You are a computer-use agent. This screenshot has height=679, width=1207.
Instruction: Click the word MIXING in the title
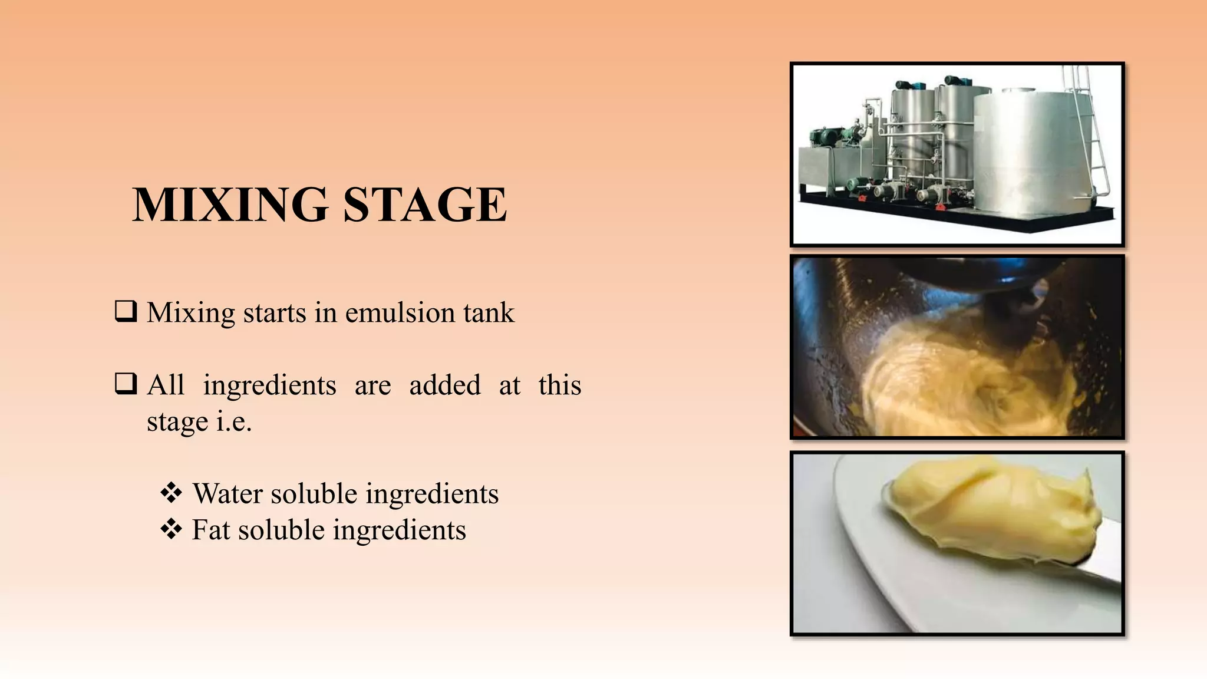230,205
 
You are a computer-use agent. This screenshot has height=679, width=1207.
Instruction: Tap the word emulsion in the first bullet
399,312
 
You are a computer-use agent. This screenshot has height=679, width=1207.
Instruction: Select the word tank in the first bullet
489,312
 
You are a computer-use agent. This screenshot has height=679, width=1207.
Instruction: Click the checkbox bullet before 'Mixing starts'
126,311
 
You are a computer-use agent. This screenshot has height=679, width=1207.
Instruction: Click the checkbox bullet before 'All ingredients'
126,384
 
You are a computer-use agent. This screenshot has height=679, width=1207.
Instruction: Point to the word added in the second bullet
445,385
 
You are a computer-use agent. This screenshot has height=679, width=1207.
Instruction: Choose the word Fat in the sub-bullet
210,530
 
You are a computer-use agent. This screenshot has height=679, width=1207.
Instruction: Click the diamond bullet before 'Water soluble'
171,493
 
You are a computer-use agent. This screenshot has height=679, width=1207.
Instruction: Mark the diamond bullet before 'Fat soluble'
171,529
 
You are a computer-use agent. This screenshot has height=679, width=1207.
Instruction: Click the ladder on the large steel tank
1090,130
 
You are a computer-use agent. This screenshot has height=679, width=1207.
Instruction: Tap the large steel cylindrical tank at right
1025,153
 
